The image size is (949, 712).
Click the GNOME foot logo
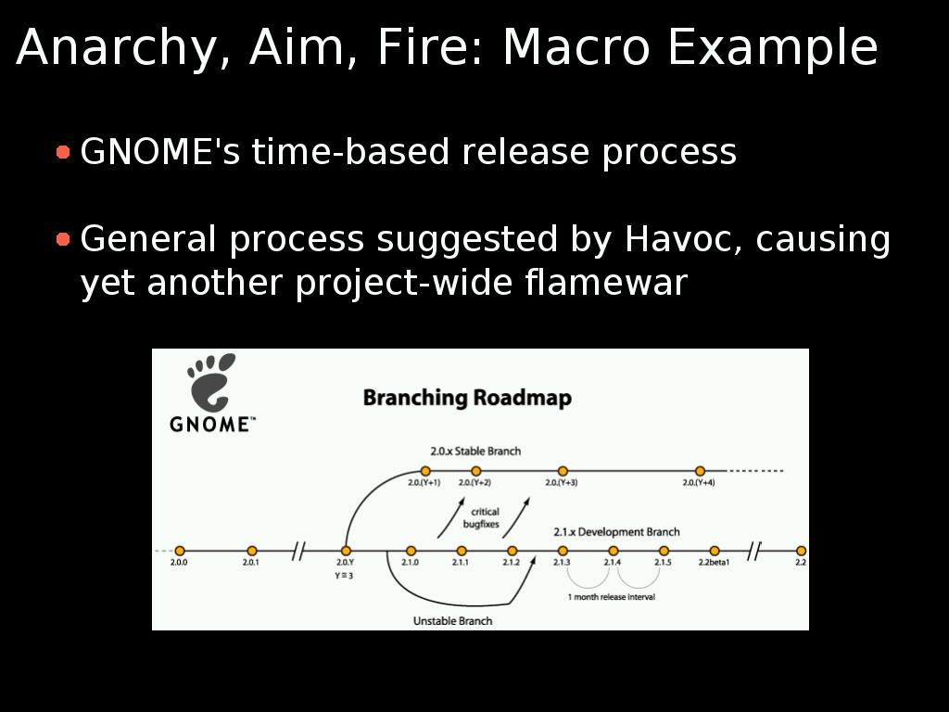pos(210,383)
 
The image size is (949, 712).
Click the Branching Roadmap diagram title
pos(467,398)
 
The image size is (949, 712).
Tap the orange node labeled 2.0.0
pos(180,551)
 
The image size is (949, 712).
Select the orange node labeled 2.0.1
pos(252,551)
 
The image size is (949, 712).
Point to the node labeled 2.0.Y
pos(346,551)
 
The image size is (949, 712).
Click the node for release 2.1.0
pos(411,551)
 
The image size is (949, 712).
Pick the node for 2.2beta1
pos(715,551)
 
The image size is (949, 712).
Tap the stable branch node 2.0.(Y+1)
pos(425,471)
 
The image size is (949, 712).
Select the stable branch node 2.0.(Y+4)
pos(700,471)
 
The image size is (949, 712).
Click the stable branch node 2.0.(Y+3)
pos(563,471)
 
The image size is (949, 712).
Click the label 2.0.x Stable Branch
pos(475,451)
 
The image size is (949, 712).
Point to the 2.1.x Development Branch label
pos(616,532)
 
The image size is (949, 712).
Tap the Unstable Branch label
pos(452,621)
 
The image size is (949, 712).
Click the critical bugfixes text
pos(482,518)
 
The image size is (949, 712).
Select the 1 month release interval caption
pos(612,597)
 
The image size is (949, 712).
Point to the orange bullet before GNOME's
pos(63,151)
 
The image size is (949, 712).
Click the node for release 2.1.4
pos(614,551)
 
